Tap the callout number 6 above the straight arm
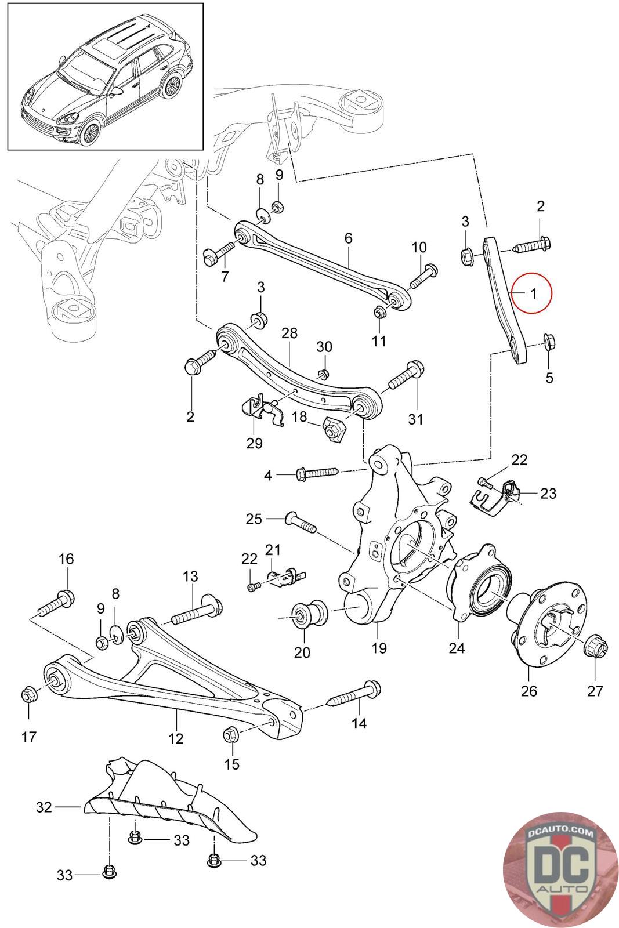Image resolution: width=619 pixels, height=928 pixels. point(348,238)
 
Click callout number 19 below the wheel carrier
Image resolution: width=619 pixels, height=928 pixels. point(379,648)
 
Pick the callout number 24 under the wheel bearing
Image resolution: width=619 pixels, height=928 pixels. point(457,648)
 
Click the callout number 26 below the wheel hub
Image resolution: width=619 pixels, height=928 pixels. point(529,691)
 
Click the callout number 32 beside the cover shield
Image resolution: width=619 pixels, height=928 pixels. point(45,807)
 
